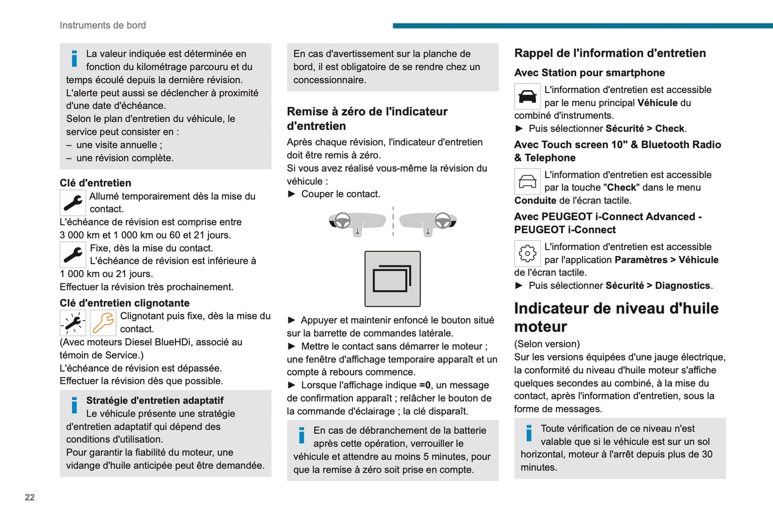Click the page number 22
click(x=29, y=497)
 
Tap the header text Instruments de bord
click(x=103, y=25)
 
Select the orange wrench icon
click(x=103, y=323)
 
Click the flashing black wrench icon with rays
click(x=73, y=323)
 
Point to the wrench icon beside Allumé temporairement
click(x=73, y=203)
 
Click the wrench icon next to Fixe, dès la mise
click(x=73, y=255)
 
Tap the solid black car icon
click(x=527, y=97)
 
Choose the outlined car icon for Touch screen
click(x=527, y=182)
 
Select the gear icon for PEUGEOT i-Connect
click(x=527, y=253)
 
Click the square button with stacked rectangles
click(x=393, y=279)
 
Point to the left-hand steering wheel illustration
click(x=357, y=222)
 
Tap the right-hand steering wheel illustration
click(x=428, y=222)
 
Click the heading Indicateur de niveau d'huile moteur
click(x=616, y=317)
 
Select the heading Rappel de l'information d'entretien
click(x=610, y=53)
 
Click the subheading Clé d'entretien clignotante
click(x=125, y=303)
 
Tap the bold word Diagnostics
click(x=683, y=286)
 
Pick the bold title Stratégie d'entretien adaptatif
click(x=155, y=401)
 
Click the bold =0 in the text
click(x=425, y=385)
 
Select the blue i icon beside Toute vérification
click(x=529, y=433)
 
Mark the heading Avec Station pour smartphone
click(x=590, y=73)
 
